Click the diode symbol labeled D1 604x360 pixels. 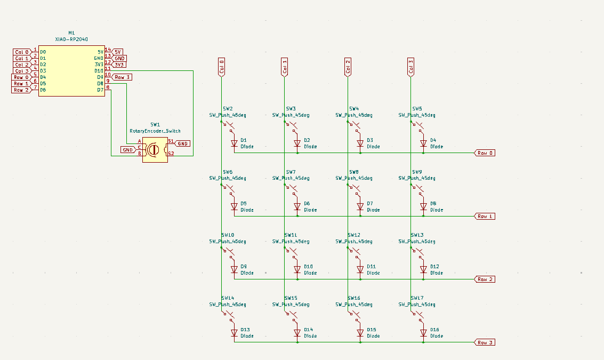tap(234, 143)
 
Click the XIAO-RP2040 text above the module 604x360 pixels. tap(71, 39)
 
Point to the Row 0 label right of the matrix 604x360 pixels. tap(485, 153)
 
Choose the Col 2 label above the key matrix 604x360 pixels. tap(348, 67)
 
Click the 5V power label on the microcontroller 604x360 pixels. tap(118, 52)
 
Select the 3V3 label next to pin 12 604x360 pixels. tap(119, 65)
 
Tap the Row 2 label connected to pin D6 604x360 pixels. tap(21, 90)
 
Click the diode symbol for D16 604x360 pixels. tap(424, 333)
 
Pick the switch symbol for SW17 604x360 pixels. tap(418, 317)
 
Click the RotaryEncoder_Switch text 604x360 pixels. tap(155, 131)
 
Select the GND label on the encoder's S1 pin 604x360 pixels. tap(182, 143)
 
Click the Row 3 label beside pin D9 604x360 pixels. tap(122, 77)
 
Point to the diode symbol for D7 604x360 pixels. tap(360, 206)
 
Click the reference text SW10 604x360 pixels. tap(228, 235)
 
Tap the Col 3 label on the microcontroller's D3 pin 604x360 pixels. tap(21, 71)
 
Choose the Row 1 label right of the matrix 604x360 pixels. tap(485, 216)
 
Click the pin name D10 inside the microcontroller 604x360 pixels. tap(99, 71)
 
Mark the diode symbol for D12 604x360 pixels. tap(424, 269)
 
